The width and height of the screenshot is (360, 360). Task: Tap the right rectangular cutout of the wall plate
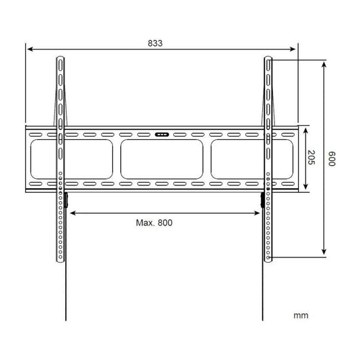pyautogui.click(x=238, y=159)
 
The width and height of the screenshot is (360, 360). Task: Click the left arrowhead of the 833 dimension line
pyautogui.click(x=29, y=49)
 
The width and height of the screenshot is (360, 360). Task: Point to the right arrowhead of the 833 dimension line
pyautogui.click(x=295, y=49)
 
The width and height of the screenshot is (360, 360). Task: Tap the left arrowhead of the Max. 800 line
pyautogui.click(x=71, y=212)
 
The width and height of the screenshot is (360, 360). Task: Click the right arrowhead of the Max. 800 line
pyautogui.click(x=261, y=212)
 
